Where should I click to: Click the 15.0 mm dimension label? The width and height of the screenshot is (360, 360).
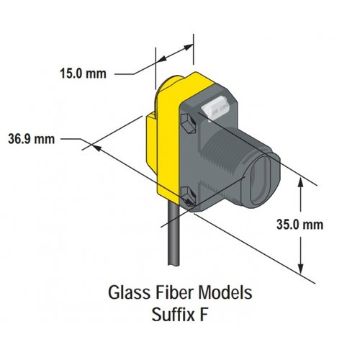tap(83, 73)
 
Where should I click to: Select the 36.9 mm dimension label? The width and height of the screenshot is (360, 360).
tap(32, 139)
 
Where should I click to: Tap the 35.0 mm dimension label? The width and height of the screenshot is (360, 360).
tap(300, 225)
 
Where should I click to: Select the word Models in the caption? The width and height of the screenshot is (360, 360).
tap(225, 292)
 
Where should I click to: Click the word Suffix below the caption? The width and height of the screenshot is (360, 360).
tap(173, 315)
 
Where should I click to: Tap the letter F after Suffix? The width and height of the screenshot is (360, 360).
tap(204, 315)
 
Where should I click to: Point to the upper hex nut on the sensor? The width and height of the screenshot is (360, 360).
tap(189, 123)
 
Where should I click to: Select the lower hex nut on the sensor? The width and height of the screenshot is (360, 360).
tap(189, 197)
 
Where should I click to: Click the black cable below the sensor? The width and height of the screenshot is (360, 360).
tap(174, 233)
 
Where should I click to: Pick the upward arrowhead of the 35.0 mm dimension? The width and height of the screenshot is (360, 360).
tap(301, 182)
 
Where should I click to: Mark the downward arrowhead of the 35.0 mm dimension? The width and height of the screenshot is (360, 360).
tap(301, 269)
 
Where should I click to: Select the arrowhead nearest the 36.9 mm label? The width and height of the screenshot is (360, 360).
tap(96, 148)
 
